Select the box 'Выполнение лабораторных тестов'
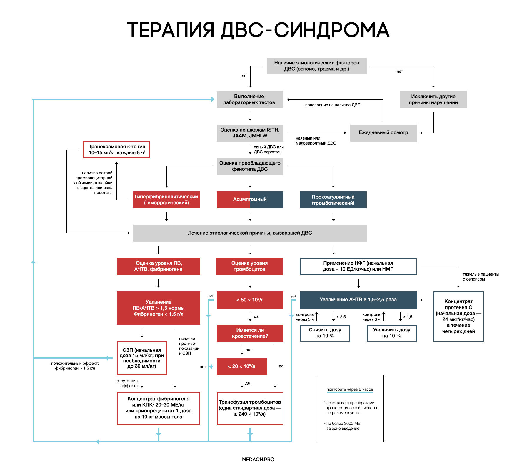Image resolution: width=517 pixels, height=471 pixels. pyautogui.click(x=250, y=99)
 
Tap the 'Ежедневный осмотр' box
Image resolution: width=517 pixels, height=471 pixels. pyautogui.click(x=383, y=133)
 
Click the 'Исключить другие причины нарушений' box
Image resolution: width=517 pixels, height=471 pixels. pyautogui.click(x=433, y=99)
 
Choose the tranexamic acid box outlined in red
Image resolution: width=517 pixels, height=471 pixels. pyautogui.click(x=116, y=150)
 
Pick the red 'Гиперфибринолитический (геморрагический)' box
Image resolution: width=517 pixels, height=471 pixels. pyautogui.click(x=166, y=200)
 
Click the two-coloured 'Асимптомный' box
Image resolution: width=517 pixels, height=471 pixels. pyautogui.click(x=250, y=200)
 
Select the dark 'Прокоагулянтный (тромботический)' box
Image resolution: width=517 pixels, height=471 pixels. pyautogui.click(x=333, y=200)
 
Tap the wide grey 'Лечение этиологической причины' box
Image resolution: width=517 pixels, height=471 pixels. pyautogui.click(x=250, y=233)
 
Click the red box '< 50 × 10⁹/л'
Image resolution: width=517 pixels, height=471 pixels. pyautogui.click(x=250, y=300)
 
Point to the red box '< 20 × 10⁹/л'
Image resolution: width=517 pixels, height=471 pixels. pyautogui.click(x=241, y=366)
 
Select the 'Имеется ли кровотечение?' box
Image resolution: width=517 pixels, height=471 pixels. pyautogui.click(x=250, y=333)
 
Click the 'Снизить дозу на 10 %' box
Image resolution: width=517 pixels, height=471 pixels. pyautogui.click(x=325, y=333)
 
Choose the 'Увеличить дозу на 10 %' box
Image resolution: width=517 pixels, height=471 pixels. pyautogui.click(x=391, y=333)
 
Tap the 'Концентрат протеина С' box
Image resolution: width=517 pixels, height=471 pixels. pyautogui.click(x=458, y=316)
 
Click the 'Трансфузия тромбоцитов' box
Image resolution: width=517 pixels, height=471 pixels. pyautogui.click(x=250, y=408)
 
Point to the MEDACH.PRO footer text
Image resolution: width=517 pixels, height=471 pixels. pyautogui.click(x=258, y=459)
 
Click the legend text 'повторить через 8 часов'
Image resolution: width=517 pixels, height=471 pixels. pyautogui.click(x=350, y=389)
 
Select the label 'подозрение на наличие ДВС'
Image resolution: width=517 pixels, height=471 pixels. pyautogui.click(x=333, y=105)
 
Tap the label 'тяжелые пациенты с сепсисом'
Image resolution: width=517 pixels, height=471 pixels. pyautogui.click(x=481, y=277)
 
